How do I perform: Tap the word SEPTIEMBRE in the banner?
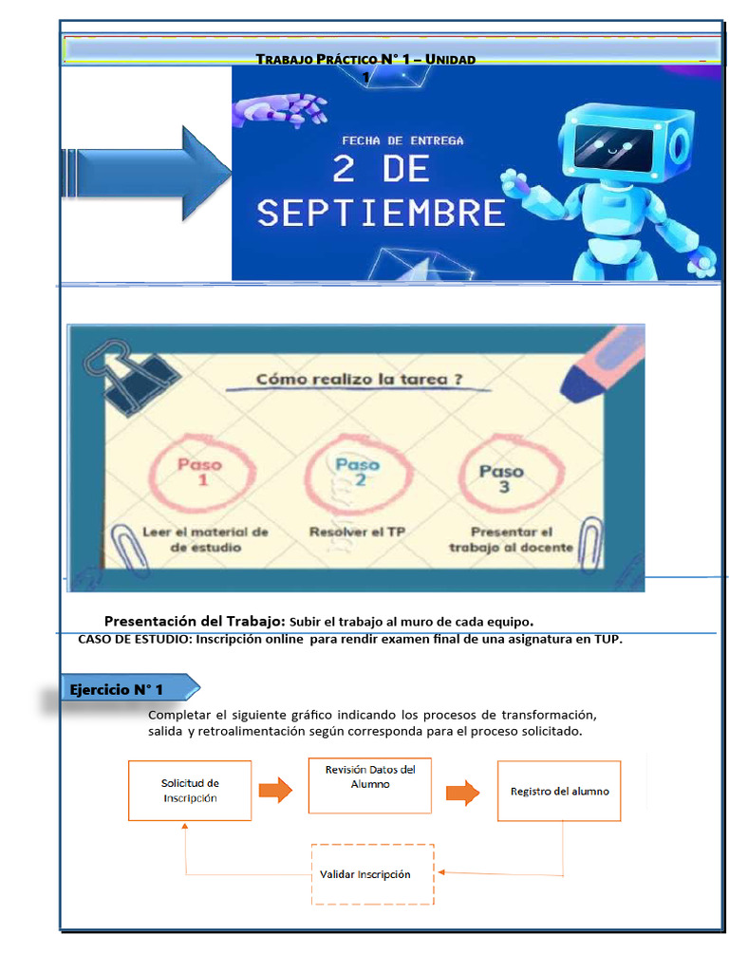381,213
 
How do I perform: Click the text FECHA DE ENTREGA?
402,140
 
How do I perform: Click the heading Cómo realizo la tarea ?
360,380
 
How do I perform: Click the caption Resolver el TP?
357,533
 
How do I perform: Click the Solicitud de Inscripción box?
190,790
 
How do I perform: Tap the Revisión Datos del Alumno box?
370,784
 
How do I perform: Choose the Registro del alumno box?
559,791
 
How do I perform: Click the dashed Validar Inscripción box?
372,874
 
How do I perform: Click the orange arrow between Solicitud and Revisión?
275,792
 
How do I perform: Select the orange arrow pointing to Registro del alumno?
463,793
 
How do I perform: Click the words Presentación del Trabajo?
194,620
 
